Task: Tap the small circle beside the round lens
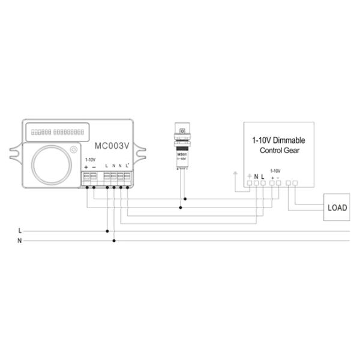pos(73,149)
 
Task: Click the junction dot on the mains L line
pos(108,230)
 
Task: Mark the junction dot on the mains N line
pos(114,241)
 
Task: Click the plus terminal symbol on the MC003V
pos(86,166)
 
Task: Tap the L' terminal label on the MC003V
pos(128,166)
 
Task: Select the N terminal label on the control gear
pos(256,176)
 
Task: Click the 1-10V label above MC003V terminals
pos(90,160)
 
